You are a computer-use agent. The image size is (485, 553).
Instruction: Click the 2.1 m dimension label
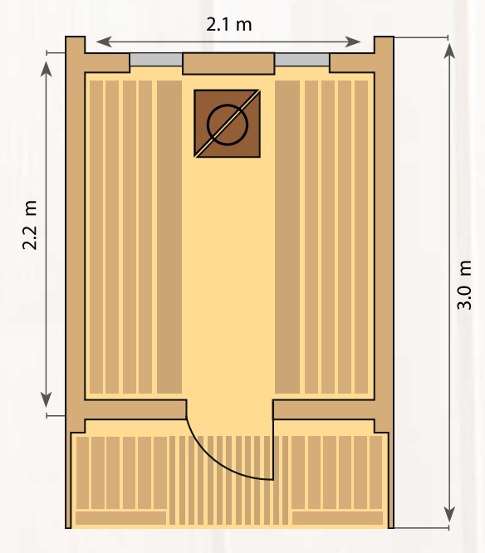[229, 25]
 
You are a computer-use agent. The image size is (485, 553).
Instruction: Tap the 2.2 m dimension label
[29, 225]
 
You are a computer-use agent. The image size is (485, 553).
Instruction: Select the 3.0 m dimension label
[464, 285]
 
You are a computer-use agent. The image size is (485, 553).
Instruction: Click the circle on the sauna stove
[228, 125]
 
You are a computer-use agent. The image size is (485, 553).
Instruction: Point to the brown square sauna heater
[228, 124]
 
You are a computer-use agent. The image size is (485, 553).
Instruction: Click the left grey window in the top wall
[156, 59]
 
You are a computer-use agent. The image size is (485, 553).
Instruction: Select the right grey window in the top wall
[302, 59]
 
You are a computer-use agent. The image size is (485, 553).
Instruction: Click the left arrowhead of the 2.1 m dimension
[104, 42]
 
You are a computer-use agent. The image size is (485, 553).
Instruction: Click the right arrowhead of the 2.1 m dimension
[353, 42]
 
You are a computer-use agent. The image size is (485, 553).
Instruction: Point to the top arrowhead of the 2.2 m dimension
[47, 69]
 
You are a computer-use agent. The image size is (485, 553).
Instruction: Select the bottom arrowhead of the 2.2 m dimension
[47, 399]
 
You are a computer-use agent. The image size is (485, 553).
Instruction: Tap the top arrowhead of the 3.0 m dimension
[449, 51]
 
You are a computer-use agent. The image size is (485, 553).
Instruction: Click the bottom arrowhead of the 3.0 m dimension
[449, 514]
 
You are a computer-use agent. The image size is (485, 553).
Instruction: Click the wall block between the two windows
[228, 63]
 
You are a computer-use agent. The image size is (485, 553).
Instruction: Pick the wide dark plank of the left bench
[169, 237]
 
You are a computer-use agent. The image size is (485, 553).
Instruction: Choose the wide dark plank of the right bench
[287, 237]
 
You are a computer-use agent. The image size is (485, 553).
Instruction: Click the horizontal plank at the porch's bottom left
[120, 518]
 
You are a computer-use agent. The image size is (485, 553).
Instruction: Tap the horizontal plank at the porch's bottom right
[337, 518]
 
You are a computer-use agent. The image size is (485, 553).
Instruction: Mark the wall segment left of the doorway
[135, 410]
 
